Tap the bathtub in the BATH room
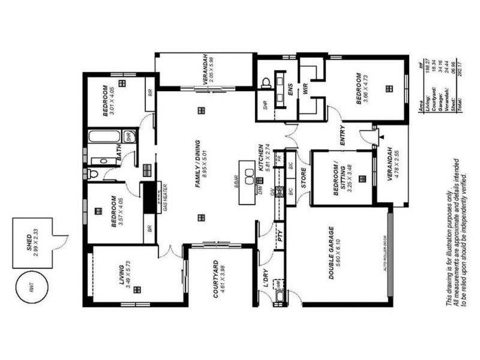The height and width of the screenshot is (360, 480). click(103, 136)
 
